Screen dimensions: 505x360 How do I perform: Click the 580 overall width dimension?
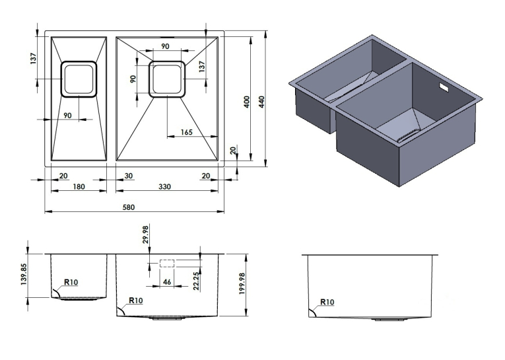pyautogui.click(x=129, y=207)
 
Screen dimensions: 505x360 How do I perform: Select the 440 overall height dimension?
pyautogui.click(x=261, y=102)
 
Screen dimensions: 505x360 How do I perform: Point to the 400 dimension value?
pyautogui.click(x=247, y=102)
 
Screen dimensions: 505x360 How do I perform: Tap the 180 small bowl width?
pyautogui.click(x=79, y=187)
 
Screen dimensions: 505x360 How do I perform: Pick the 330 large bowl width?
pyautogui.click(x=164, y=187)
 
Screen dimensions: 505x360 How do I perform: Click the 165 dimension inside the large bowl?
pyautogui.click(x=186, y=132)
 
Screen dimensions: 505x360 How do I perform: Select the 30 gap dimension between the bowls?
pyautogui.click(x=128, y=176)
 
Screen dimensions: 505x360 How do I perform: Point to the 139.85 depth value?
pyautogui.click(x=24, y=275)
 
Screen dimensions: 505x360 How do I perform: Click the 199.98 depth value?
pyautogui.click(x=242, y=283)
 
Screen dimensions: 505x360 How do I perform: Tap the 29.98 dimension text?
pyautogui.click(x=146, y=234)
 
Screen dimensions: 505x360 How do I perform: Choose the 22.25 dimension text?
pyautogui.click(x=196, y=281)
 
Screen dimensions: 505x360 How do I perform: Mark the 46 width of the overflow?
pyautogui.click(x=167, y=282)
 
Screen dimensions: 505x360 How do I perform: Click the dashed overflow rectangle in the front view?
pyautogui.click(x=167, y=263)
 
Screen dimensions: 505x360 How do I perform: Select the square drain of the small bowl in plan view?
pyautogui.click(x=79, y=79)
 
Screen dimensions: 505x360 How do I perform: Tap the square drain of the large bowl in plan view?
pyautogui.click(x=167, y=79)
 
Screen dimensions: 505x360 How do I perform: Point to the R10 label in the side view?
pyautogui.click(x=327, y=302)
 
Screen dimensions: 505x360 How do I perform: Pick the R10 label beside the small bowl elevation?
pyautogui.click(x=71, y=282)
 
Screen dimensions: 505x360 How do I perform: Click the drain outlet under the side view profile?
pyautogui.click(x=389, y=320)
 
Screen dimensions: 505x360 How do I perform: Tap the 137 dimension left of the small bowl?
pyautogui.click(x=34, y=58)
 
